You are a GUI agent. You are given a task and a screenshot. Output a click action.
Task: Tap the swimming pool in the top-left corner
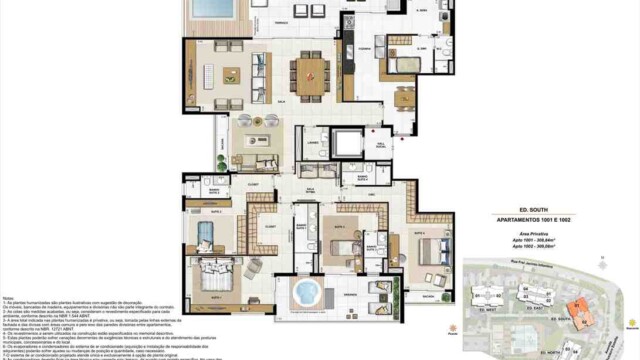[212, 8]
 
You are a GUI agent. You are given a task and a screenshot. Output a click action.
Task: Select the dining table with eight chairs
[309, 72]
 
